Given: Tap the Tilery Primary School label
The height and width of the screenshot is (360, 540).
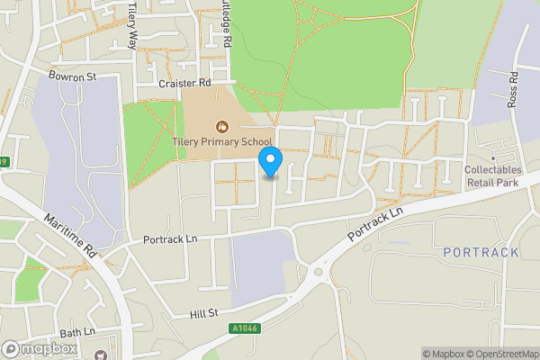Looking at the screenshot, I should click(x=221, y=141).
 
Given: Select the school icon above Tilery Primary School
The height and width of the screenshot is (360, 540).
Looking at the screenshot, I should click(x=221, y=125).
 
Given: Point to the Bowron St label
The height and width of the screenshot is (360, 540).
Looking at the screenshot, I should click(x=73, y=77).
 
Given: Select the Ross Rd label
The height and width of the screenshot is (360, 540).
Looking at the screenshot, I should click(x=514, y=89).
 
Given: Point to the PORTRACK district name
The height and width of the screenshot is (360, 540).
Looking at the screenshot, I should click(x=481, y=252).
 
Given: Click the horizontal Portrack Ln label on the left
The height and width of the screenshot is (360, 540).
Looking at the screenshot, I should click(x=170, y=240).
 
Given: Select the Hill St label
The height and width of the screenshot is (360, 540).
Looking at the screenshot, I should click(x=204, y=315).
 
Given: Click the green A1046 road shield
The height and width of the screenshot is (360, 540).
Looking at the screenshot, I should click(x=244, y=329).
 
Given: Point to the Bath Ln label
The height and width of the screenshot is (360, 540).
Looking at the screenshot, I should click(x=77, y=333).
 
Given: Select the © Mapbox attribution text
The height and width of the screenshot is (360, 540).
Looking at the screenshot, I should click(x=442, y=354).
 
